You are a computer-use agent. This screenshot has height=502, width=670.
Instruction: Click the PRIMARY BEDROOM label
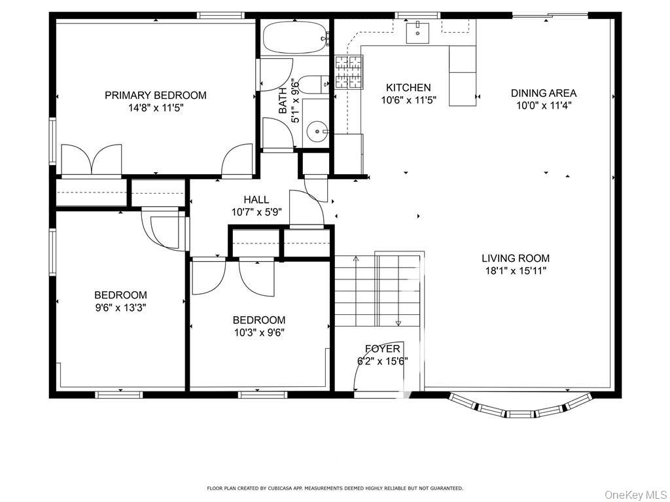(155, 95)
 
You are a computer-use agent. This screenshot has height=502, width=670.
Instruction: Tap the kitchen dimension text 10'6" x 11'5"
(408, 100)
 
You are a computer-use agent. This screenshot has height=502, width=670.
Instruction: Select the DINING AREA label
(543, 93)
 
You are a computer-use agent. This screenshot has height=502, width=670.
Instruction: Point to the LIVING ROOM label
(516, 258)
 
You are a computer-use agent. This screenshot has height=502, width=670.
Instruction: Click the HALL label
(256, 200)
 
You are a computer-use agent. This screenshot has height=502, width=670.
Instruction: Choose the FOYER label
(382, 349)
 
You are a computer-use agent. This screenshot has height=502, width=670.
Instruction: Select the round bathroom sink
(318, 132)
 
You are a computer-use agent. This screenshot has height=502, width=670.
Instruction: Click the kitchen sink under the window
(417, 31)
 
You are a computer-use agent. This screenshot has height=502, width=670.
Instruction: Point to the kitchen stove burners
(348, 71)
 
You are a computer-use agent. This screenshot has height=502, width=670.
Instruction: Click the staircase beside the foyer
(377, 291)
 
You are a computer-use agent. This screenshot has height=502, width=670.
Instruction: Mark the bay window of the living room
(520, 407)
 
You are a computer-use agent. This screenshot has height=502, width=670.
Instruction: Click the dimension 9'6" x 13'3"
(120, 307)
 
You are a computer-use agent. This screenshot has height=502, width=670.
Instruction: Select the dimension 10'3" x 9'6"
(258, 332)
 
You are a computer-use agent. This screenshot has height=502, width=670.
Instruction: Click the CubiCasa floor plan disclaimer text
(335, 488)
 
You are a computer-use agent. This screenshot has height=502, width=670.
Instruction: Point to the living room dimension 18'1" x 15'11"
(516, 270)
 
